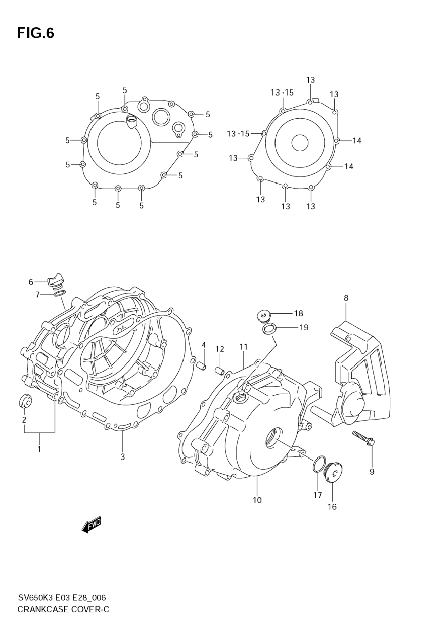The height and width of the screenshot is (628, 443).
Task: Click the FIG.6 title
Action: [36, 33]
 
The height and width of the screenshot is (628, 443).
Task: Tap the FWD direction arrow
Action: [91, 524]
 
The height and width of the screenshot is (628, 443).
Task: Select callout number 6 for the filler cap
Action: [31, 282]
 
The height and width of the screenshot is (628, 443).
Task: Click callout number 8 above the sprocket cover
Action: [346, 298]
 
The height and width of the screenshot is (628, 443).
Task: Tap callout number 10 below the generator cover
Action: [257, 500]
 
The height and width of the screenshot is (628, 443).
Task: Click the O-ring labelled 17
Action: [319, 463]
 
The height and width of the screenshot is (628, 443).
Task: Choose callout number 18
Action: [298, 313]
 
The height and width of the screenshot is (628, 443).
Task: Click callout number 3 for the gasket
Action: [123, 457]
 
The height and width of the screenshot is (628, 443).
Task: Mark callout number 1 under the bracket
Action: [39, 449]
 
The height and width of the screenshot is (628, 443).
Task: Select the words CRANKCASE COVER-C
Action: [63, 610]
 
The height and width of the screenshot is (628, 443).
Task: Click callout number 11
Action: [243, 347]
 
